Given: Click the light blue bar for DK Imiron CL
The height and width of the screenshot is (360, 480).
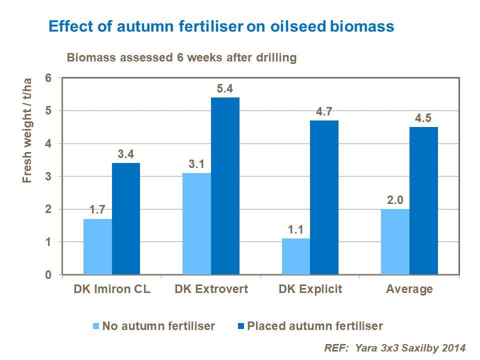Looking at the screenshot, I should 97,246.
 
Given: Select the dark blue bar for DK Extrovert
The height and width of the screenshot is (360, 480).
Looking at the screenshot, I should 225,186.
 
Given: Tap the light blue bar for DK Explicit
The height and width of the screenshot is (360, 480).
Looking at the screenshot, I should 296,256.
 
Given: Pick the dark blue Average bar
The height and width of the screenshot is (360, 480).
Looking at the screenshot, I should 423,200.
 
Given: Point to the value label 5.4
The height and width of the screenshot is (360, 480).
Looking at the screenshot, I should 225,88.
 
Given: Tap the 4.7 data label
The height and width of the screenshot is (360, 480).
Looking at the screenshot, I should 324,111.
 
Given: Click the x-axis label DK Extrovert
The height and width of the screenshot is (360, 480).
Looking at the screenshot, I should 211,289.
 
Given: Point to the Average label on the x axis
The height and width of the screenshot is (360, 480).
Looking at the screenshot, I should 409,289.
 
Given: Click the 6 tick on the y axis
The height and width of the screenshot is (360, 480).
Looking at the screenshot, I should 48,78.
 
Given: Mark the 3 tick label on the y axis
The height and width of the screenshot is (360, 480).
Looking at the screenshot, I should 48,176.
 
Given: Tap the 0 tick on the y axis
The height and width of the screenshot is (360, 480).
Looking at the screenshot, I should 48,275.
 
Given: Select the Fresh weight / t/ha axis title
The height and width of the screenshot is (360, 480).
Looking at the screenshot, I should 27,131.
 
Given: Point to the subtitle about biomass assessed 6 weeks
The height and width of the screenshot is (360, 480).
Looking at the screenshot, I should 182,57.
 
